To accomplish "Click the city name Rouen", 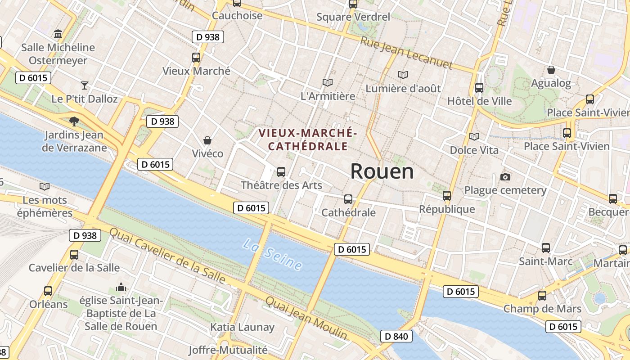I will (x=382, y=171).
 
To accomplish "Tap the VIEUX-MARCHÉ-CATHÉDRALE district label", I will (x=308, y=139).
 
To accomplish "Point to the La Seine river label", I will (x=272, y=255).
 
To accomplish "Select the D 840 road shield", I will (x=396, y=336).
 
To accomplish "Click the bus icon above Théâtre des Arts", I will (x=281, y=171).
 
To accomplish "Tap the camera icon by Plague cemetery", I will (x=505, y=177).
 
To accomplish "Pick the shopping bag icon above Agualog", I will (x=551, y=70).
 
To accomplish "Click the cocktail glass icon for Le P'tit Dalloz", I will (x=85, y=85).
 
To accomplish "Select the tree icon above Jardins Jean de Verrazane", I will (x=74, y=121).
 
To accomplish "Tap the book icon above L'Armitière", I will (x=328, y=82).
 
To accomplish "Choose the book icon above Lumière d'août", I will (x=403, y=75).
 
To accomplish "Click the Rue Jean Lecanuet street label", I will (x=406, y=53).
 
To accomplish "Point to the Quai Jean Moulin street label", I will (x=306, y=318).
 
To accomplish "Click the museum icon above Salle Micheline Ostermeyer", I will (x=58, y=34).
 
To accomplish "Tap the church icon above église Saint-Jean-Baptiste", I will (x=121, y=287).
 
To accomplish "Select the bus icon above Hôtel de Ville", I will (x=479, y=87).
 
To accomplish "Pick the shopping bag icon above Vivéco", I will (x=207, y=140).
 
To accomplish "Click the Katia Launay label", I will (x=242, y=327).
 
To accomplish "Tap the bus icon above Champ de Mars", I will (x=542, y=295).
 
